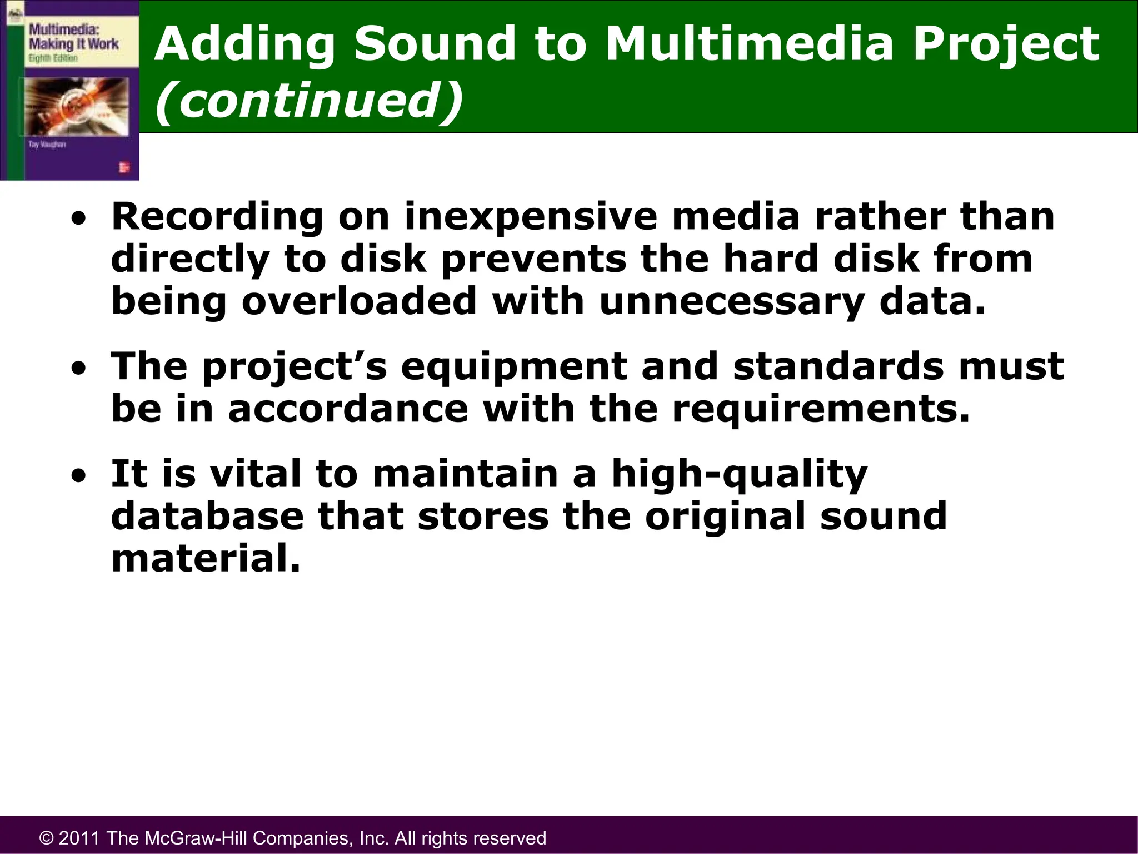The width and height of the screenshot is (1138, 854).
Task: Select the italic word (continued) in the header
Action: (308, 100)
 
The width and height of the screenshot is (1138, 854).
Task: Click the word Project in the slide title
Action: (1006, 44)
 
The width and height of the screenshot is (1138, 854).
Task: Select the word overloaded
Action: (359, 301)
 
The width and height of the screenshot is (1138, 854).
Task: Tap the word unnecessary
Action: (731, 301)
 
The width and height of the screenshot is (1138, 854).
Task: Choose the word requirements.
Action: (820, 409)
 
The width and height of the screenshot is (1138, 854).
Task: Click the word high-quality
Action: (739, 474)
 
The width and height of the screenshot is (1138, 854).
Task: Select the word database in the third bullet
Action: (207, 515)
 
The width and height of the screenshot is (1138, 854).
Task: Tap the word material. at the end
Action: (206, 558)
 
